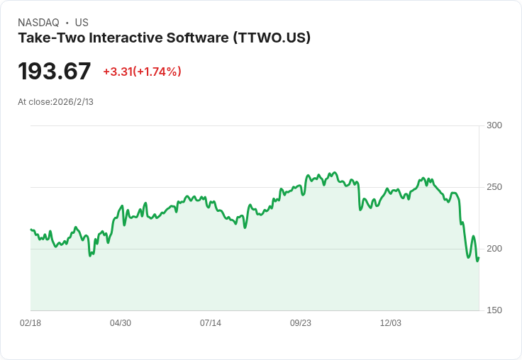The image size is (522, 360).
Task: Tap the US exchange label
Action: coord(82,23)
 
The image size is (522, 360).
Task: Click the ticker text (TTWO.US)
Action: coord(272,38)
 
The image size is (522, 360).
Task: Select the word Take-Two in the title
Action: coord(47,38)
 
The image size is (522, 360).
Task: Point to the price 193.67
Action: coord(55,72)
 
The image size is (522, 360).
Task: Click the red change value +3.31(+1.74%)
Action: coord(142,72)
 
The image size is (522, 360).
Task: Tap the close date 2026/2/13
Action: coord(73,102)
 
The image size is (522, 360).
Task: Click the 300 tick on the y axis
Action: coord(494,125)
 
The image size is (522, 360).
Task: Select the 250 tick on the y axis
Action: coord(494,187)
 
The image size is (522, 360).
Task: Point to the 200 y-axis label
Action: coord(494,249)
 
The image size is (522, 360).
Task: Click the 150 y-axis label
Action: coord(494,310)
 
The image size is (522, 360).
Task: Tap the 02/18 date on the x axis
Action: coord(30,323)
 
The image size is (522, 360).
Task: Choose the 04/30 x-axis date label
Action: coord(121,323)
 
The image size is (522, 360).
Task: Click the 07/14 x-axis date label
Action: coord(211,323)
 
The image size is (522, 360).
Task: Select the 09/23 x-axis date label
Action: coord(301,323)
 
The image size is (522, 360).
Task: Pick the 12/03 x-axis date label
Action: coord(391,323)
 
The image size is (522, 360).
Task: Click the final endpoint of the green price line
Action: coord(479,257)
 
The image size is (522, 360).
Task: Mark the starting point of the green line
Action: coord(31,230)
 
